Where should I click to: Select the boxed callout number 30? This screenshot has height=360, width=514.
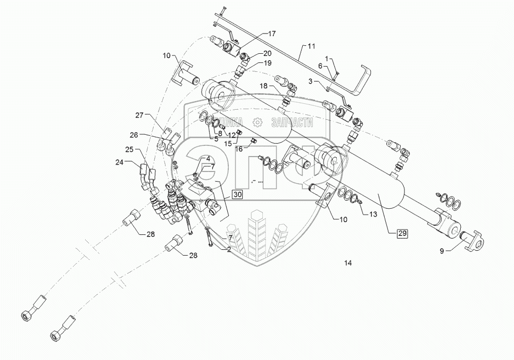[237, 195]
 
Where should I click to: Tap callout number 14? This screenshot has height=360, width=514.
[348, 263]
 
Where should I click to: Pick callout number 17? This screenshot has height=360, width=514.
[271, 34]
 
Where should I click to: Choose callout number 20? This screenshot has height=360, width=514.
[267, 53]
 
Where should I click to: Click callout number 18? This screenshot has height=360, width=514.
[264, 86]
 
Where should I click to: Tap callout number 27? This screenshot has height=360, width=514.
[139, 115]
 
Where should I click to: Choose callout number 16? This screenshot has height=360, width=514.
[239, 150]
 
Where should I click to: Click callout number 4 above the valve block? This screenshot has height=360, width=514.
[208, 159]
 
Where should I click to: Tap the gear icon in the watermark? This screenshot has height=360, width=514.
[258, 122]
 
